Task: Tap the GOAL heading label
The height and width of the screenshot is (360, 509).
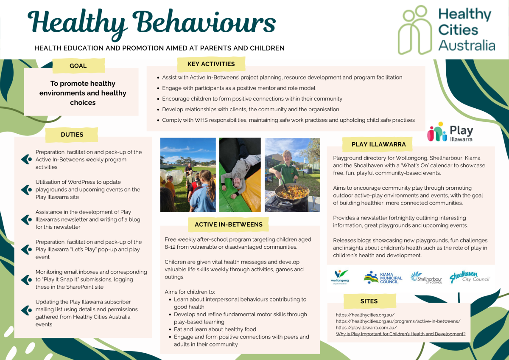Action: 78,66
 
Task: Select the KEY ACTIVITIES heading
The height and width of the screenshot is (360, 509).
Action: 211,64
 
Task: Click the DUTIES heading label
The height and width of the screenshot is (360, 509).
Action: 72,135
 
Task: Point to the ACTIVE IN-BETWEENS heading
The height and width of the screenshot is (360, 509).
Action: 229,224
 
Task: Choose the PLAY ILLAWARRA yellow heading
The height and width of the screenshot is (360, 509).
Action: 378,144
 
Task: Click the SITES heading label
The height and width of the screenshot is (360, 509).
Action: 369,301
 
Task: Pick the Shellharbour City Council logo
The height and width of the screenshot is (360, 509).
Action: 426,277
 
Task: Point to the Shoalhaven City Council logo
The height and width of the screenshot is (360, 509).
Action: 469,277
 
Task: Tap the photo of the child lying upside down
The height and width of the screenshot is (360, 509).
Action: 240,174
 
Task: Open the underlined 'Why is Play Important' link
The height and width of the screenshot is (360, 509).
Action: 400,334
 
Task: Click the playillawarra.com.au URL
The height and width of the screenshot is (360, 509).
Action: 366,328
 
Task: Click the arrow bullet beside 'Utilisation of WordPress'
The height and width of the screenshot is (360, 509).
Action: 26,189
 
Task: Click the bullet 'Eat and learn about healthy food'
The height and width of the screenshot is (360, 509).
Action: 215,329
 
